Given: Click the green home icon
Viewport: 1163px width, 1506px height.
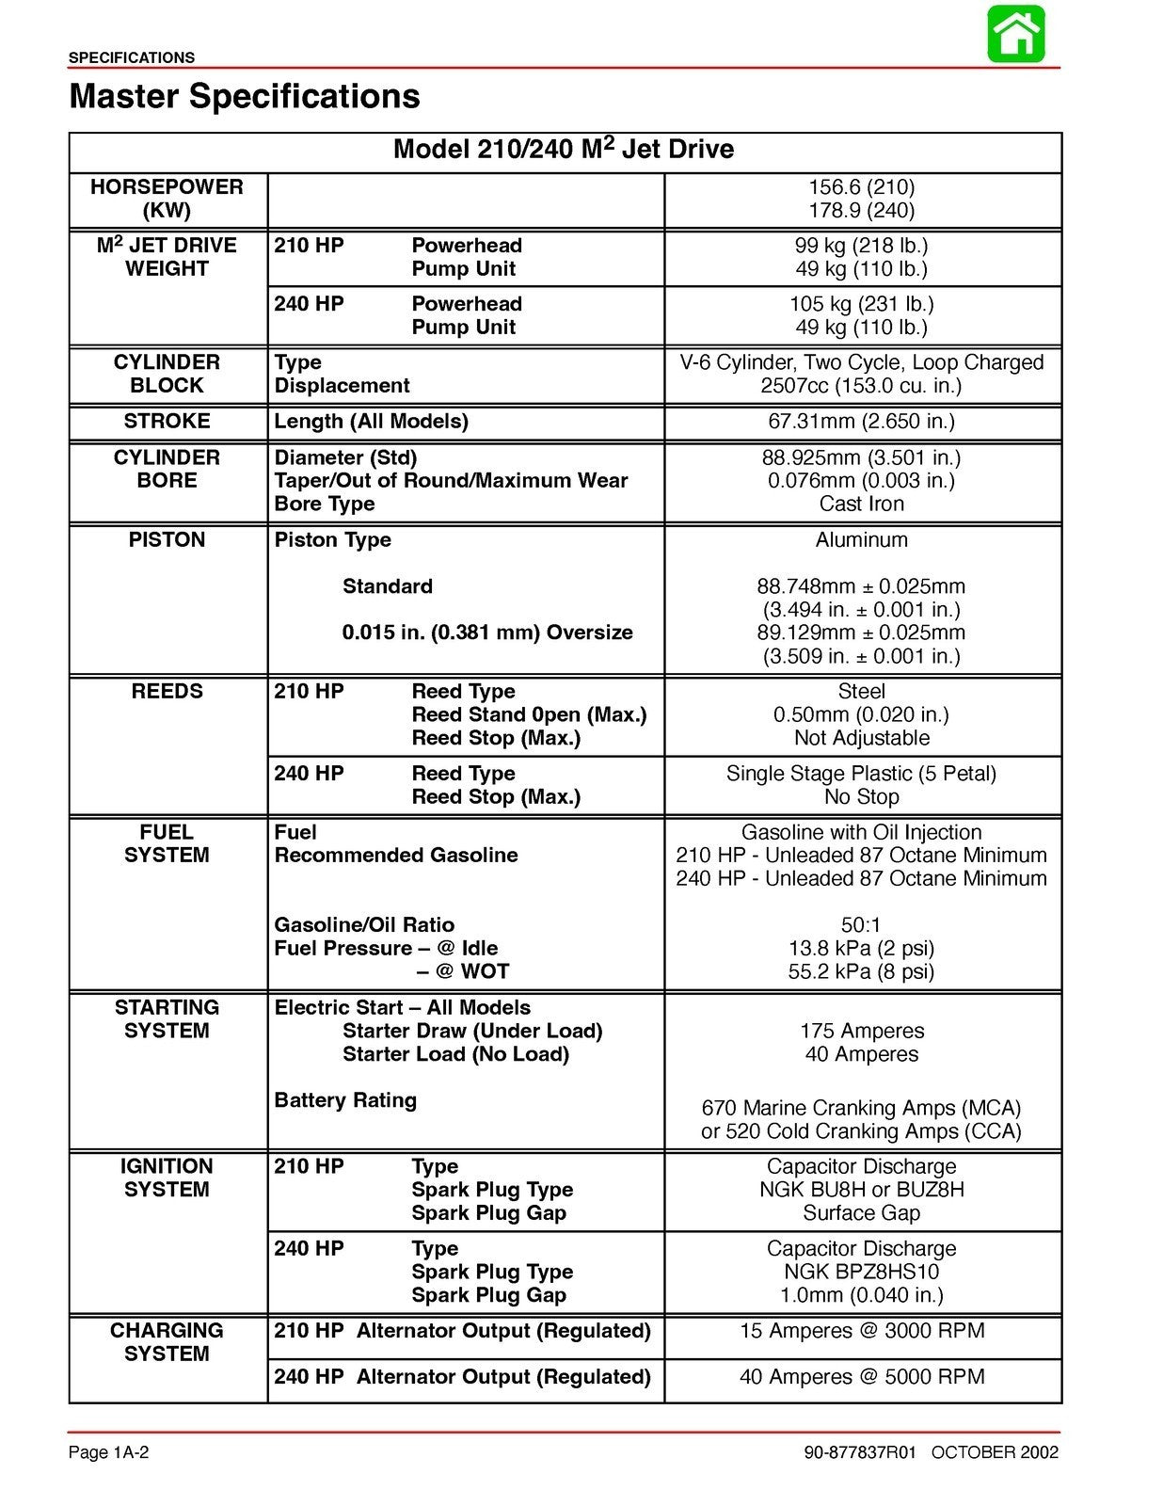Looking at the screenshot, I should point(1016,35).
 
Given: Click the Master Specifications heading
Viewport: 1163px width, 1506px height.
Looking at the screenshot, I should point(245,96).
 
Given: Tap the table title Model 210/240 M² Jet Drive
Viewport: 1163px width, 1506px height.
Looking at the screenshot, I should point(564,150).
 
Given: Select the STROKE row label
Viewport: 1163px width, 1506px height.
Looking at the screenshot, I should point(167,421).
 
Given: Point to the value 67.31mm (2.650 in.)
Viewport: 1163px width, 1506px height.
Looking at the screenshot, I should point(861,421).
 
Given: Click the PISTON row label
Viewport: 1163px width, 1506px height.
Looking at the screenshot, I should point(167,539).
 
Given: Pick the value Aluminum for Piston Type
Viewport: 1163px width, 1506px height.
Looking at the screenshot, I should point(861,539).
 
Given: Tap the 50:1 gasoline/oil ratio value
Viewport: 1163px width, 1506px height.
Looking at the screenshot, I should point(861,924).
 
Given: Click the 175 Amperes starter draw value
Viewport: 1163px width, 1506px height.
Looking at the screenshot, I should point(861,1031).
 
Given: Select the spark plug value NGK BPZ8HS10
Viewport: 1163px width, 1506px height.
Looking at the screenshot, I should point(861,1272).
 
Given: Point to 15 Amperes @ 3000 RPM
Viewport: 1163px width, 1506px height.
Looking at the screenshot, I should point(861,1331).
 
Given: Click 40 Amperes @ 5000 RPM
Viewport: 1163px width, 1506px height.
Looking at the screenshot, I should point(861,1377).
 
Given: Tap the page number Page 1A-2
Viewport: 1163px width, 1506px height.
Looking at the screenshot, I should point(109,1452).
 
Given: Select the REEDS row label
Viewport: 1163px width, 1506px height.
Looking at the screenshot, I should point(167,691).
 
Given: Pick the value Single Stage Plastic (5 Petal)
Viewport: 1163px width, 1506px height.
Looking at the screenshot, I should point(861,774).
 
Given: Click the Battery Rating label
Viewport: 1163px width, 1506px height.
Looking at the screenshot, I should point(345,1100).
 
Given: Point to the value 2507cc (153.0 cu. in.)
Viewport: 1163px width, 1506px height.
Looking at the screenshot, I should point(861,386).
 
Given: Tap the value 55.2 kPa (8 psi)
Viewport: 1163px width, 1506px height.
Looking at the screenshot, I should point(861,971).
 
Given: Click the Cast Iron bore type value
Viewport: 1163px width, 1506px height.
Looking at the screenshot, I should point(861,504).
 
